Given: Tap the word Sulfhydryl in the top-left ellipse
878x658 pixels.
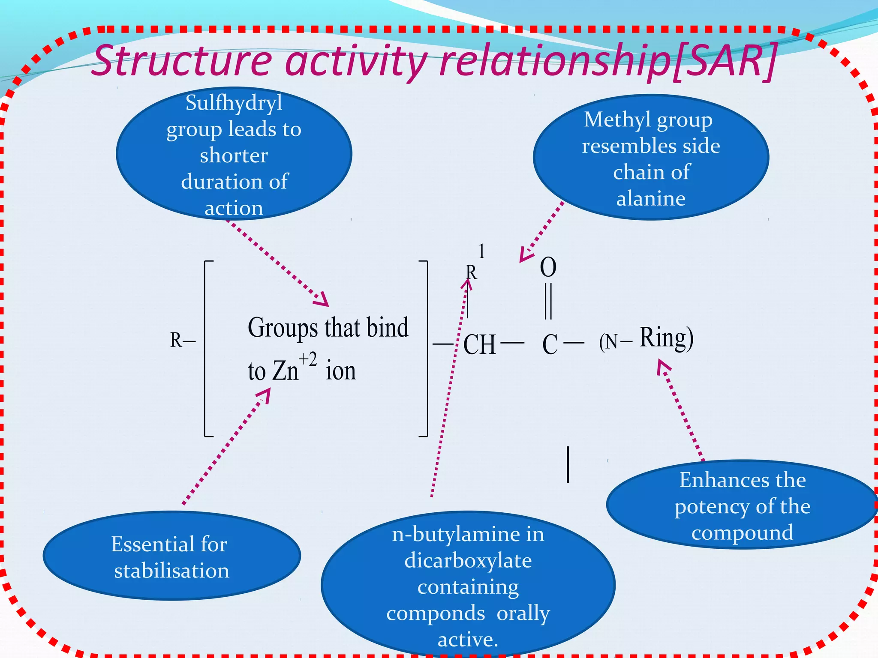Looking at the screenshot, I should click(234, 103).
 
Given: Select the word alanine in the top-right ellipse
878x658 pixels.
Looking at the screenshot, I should click(650, 198).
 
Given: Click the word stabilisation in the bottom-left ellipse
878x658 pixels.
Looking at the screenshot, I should click(171, 571).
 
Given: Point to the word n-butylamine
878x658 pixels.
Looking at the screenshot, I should click(468, 534).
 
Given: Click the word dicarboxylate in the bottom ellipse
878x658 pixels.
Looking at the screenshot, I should click(468, 560).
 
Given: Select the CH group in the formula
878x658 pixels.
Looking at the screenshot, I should click(479, 344).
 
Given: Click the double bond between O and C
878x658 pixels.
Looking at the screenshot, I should click(548, 301).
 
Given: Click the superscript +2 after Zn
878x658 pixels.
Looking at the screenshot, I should click(307, 359).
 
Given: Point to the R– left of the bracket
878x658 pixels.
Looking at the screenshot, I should click(182, 340).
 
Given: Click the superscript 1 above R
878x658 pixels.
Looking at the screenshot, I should click(481, 251).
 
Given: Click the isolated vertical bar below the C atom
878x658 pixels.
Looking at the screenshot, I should click(568, 464).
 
